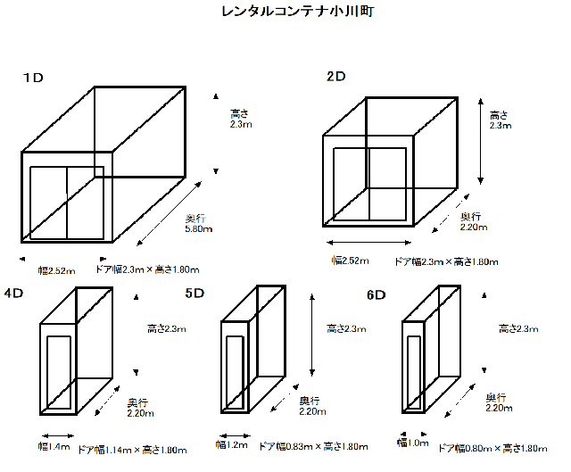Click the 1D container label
click(x=33, y=79)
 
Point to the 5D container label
click(x=194, y=293)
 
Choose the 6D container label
click(x=376, y=294)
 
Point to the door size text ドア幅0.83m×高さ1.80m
click(x=313, y=446)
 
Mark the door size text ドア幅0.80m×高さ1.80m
click(x=492, y=447)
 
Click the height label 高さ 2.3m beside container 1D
click(x=240, y=119)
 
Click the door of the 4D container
click(x=60, y=370)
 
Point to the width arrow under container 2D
click(x=368, y=243)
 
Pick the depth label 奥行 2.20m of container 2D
click(x=472, y=221)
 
